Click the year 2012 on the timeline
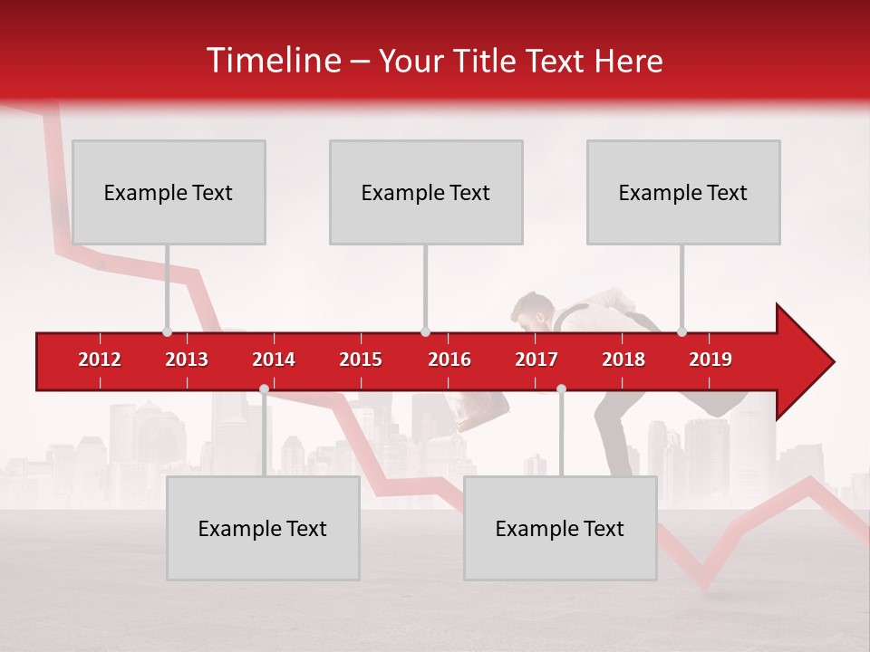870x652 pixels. [100, 360]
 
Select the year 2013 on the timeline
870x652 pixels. [187, 360]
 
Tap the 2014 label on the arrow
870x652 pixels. [274, 360]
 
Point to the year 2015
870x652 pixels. [361, 360]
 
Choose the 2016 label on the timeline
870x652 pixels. [449, 360]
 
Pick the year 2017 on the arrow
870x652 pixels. [536, 360]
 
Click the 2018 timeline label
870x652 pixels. [623, 360]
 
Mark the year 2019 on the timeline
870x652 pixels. [710, 360]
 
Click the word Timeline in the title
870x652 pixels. [272, 61]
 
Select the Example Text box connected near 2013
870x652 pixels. [169, 192]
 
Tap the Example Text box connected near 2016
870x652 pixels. [426, 192]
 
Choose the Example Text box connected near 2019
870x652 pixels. [683, 192]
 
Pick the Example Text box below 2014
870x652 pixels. [263, 528]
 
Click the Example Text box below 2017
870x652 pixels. [560, 528]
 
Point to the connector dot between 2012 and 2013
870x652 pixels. [167, 331]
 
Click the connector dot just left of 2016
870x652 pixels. [425, 331]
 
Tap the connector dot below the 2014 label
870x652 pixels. [264, 389]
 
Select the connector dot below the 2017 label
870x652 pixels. [561, 389]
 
